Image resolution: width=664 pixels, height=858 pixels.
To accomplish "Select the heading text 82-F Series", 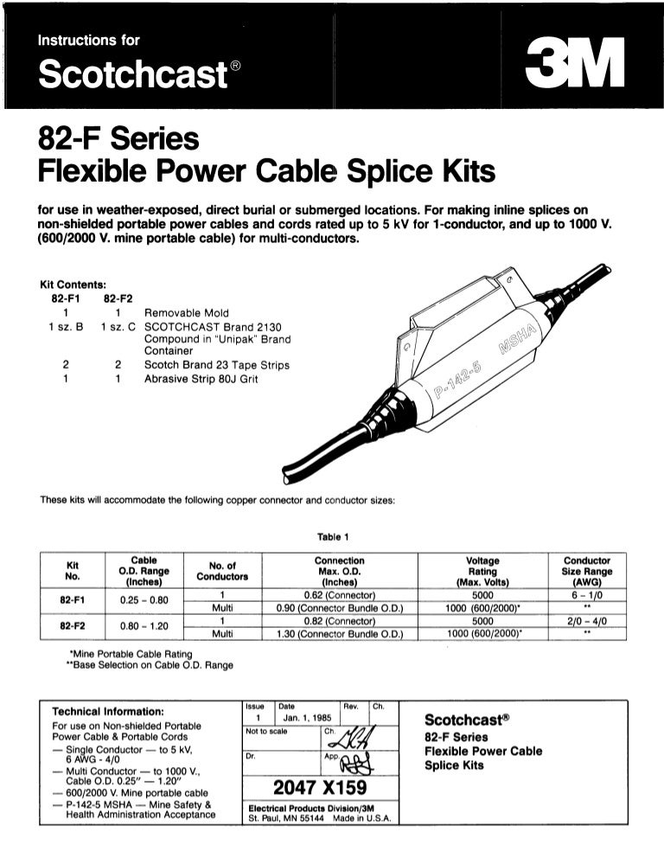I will [x=118, y=138].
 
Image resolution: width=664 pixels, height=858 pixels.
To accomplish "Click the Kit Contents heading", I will [x=73, y=284].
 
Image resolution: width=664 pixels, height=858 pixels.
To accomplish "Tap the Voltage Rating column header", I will [x=482, y=571].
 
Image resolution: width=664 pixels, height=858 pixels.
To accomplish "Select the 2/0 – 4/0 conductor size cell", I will [x=586, y=619].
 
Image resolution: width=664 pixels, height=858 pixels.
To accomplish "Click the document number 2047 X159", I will [x=320, y=788].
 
